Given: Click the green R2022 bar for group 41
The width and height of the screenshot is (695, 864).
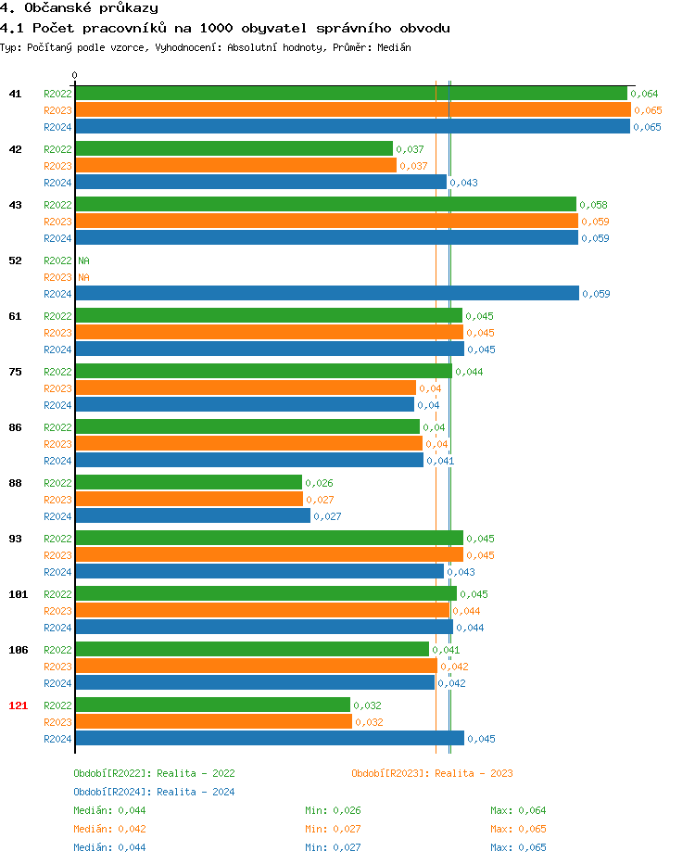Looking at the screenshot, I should click(351, 94).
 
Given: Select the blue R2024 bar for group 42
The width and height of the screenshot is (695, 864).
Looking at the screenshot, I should click(260, 183).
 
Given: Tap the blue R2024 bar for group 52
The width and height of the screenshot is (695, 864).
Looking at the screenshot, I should click(327, 294).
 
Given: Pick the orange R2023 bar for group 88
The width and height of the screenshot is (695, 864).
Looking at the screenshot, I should click(189, 500).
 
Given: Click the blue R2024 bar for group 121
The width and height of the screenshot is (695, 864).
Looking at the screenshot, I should click(270, 739).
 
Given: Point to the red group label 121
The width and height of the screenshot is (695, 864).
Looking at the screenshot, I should click(18, 705).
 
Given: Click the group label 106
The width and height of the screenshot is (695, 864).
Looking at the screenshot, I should click(18, 650).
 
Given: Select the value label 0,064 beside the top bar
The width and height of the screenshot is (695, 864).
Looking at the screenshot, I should click(644, 94).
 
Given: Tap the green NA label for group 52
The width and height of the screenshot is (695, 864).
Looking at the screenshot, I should click(83, 260).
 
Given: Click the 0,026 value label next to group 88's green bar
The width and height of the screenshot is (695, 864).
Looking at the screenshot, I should click(319, 483).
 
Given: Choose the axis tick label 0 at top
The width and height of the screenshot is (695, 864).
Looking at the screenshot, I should click(75, 75).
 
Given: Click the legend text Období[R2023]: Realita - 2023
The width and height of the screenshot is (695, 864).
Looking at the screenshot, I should click(432, 773).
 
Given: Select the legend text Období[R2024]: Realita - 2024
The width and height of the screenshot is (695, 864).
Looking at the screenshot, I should click(154, 792).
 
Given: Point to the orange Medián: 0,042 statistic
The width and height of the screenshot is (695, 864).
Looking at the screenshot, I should click(109, 829).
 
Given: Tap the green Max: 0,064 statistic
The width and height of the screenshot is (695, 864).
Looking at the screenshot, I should click(518, 810).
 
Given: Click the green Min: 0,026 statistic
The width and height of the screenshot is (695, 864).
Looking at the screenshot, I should click(333, 810).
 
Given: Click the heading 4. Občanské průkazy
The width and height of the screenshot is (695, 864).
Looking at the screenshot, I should click(79, 8).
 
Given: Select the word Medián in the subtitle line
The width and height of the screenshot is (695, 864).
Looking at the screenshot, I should click(394, 46).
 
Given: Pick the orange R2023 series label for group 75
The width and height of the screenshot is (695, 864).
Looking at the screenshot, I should click(57, 388).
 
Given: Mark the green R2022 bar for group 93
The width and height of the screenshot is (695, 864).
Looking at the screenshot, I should click(269, 539).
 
